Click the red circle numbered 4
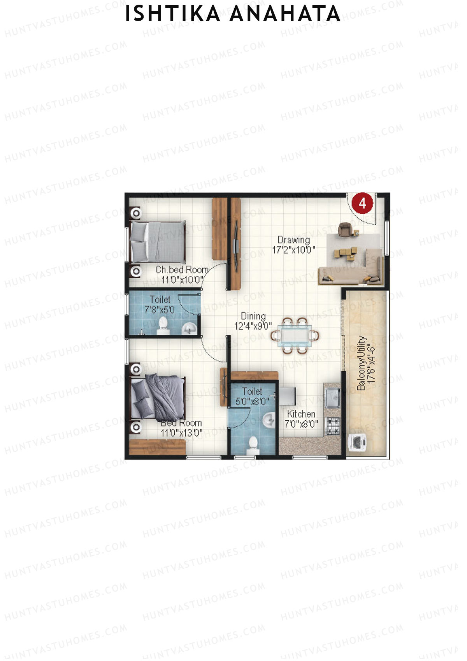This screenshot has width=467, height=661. pyautogui.click(x=362, y=203)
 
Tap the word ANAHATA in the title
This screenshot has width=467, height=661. pyautogui.click(x=285, y=14)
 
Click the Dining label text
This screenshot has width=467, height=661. pyautogui.click(x=253, y=316)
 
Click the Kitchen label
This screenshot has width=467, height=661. pyautogui.click(x=301, y=414)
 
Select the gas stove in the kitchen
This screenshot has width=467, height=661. pyautogui.click(x=333, y=426)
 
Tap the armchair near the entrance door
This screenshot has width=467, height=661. pyautogui.click(x=344, y=229)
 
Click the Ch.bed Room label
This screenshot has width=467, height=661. pyautogui.click(x=182, y=270)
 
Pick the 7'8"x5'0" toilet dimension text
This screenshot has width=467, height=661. pyautogui.click(x=160, y=310)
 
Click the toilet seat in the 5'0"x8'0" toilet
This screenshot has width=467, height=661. pyautogui.click(x=253, y=444)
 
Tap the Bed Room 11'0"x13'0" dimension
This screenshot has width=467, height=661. pyautogui.click(x=182, y=433)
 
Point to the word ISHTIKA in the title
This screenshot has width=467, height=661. pyautogui.click(x=172, y=14)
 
